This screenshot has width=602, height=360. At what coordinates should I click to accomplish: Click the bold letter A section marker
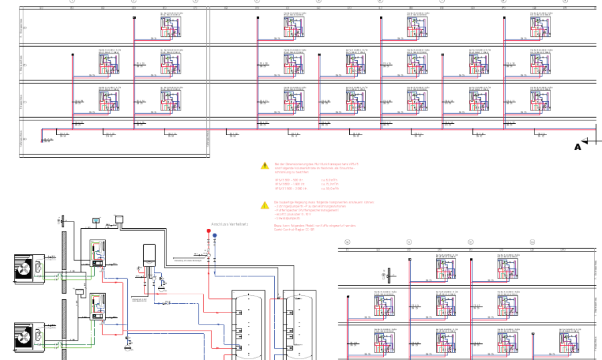(578, 147)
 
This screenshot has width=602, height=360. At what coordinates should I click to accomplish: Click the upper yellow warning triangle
(264, 165)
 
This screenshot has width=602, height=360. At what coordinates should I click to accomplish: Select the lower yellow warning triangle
(264, 205)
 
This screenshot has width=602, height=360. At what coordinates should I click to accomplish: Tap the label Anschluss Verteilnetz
(229, 224)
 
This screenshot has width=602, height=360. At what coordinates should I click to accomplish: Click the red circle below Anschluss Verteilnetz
(209, 231)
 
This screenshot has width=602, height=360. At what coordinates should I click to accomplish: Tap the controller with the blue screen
(96, 219)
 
